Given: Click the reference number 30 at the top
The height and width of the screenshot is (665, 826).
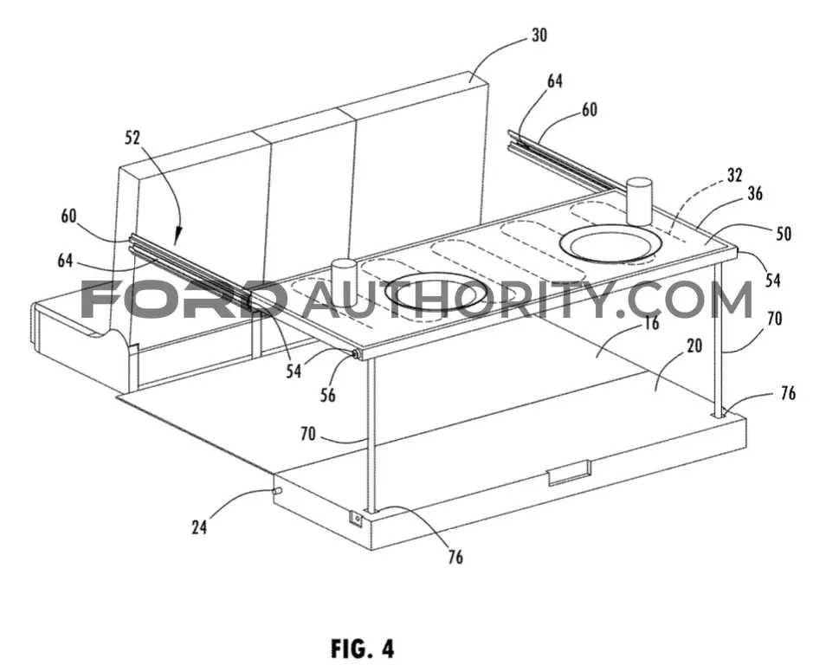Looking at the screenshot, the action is (539, 35).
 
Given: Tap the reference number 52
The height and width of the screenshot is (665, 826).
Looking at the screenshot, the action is (132, 138).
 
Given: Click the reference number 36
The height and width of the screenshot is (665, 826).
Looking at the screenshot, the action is (754, 193).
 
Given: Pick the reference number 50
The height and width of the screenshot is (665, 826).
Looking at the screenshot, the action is (784, 234).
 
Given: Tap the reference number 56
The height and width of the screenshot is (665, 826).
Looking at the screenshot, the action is (327, 395).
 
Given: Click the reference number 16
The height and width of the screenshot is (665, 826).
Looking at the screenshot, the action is (652, 323).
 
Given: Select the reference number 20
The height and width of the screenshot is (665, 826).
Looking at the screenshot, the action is (694, 345).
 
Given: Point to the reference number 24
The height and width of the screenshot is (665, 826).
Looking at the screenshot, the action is (199, 526).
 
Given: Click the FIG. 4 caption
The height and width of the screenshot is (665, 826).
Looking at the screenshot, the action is (363, 649).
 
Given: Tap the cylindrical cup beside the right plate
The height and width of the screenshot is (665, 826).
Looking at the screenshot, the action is (639, 201).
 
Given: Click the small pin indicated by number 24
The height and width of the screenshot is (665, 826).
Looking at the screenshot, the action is (277, 491).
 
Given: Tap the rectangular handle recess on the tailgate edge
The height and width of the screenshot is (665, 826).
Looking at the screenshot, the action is (569, 473).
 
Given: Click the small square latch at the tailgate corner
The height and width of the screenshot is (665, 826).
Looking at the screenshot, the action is (358, 520).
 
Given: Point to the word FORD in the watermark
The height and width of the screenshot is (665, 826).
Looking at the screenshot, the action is (185, 300).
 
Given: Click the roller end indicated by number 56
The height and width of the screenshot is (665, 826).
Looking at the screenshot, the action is (358, 355).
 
